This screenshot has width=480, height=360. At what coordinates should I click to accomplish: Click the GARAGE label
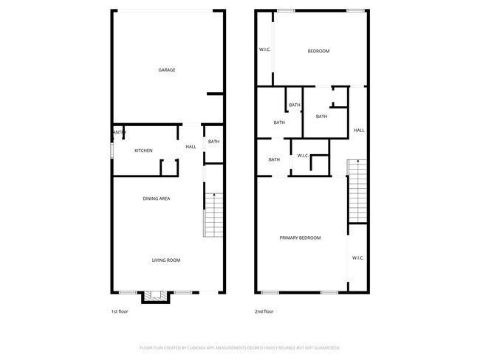point(167,70)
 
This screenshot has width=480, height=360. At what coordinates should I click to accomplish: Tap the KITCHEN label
point(143,151)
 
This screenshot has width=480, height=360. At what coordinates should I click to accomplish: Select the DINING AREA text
point(157,199)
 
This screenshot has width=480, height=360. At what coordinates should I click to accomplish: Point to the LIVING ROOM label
point(166,260)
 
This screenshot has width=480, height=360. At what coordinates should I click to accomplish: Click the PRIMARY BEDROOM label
point(300,238)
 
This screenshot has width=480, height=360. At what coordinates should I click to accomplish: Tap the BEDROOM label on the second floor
point(318,51)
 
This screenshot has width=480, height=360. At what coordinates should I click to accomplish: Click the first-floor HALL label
point(191,147)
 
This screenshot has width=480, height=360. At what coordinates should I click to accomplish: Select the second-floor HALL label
point(359,131)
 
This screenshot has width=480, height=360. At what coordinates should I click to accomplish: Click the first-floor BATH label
point(213,142)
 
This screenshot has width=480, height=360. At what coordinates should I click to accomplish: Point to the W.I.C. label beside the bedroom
point(265,50)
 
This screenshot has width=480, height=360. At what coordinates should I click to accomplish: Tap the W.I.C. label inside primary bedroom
point(358,258)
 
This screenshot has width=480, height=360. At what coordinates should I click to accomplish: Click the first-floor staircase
point(213,215)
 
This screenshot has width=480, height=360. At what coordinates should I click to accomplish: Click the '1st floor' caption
point(120,312)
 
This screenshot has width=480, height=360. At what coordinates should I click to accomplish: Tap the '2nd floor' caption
point(264,312)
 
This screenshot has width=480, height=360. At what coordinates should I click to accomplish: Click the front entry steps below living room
point(156,297)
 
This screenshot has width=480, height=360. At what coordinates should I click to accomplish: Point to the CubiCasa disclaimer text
point(239,347)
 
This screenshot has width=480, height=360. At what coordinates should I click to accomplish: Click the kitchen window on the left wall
point(112,150)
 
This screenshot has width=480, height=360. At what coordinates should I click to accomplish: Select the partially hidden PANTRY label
point(120,133)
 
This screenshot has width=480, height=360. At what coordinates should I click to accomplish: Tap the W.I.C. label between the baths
point(303,156)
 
